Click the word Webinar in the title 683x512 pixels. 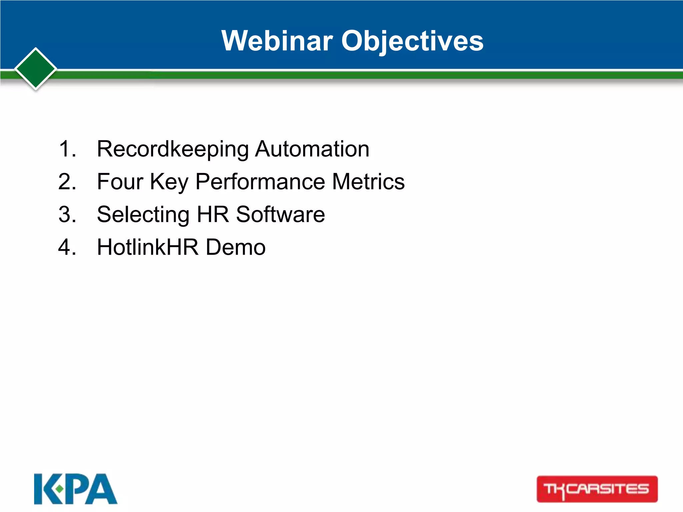point(277,41)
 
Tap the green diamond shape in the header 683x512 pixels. point(36,69)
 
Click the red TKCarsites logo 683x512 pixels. point(597,489)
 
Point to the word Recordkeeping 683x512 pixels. point(173,149)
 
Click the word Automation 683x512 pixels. point(312,149)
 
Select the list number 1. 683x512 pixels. point(67,149)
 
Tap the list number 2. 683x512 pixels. point(67,182)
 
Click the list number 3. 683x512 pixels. point(67,214)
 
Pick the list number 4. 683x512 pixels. point(67,247)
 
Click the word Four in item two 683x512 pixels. point(120,182)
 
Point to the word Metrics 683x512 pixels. point(369,182)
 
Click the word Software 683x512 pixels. point(280,214)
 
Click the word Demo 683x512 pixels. point(235,247)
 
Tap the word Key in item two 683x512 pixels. point(169,182)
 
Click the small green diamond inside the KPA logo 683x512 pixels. point(59,489)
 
